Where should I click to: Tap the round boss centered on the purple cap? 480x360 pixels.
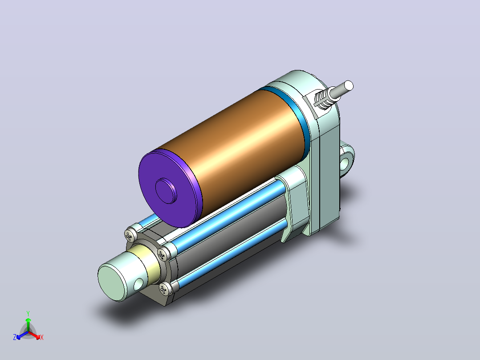coord(166,191)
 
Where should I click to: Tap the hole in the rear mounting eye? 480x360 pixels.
coord(346,163)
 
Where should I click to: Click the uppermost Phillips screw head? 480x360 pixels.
coord(131,235)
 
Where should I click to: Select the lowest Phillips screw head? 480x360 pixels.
coord(165,289)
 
